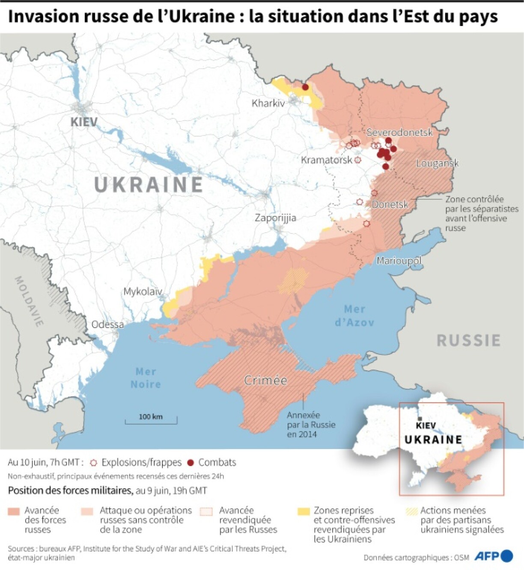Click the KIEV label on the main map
point(84,122)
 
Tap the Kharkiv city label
point(268,103)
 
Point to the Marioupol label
point(399,260)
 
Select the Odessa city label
point(107,325)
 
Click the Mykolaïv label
point(143,292)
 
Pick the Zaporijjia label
point(275,218)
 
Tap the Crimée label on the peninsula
point(265,380)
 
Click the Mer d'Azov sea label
point(354,316)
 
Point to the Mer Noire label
point(146,378)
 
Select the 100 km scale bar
point(151,419)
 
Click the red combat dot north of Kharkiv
point(305,87)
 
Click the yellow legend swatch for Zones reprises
point(304,511)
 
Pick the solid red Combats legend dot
point(191,463)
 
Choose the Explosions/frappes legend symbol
point(94,463)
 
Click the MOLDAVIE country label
point(29,301)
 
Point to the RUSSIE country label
point(468,340)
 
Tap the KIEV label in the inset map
point(426,425)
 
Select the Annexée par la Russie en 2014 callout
point(311,425)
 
